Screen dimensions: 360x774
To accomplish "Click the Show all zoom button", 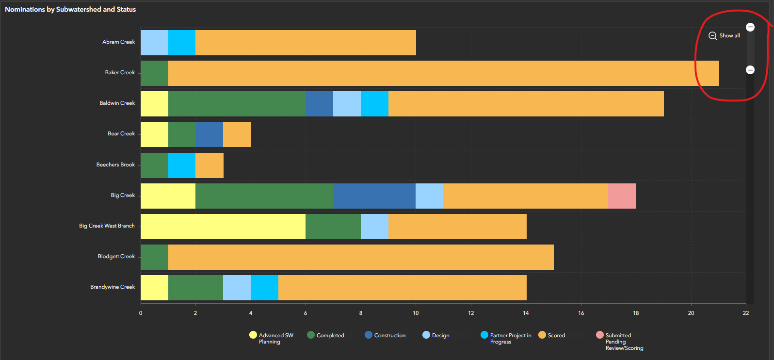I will pos(724,36).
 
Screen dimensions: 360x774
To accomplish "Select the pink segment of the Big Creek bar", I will pos(622,196).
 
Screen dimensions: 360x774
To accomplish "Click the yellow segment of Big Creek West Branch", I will pos(223,227).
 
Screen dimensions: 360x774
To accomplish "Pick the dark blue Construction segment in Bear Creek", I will pos(209,134).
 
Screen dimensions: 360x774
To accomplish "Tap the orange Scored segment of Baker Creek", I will pos(443,73).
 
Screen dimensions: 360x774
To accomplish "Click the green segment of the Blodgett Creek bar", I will pos(154,257).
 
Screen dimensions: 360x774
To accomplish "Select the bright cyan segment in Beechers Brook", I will pos(181,165).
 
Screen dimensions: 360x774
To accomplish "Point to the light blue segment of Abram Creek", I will pos(154,43).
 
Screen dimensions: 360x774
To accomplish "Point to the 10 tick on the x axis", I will pos(416,313).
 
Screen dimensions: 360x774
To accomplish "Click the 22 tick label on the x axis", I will pos(745,313).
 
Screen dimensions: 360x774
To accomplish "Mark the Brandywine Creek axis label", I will pos(113,287).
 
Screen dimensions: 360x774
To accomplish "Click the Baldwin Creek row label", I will pos(117,103).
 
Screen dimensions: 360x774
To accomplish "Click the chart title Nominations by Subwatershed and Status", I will pos(70,9).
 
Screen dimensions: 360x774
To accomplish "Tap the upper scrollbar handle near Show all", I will pos(750,27).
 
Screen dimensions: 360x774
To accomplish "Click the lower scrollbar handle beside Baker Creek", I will pos(750,70).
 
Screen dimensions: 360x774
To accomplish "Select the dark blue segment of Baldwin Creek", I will pos(319,104).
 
